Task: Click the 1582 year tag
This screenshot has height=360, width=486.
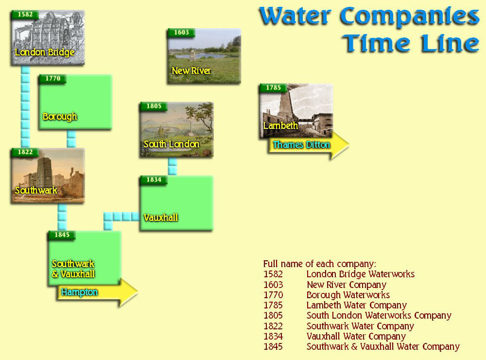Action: click(25, 15)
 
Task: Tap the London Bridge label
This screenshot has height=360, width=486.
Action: click(45, 52)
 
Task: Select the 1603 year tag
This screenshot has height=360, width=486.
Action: click(181, 33)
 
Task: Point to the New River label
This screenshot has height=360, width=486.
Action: click(191, 71)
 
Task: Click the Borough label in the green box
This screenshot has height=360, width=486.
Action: click(60, 116)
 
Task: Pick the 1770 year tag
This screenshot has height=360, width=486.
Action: click(52, 78)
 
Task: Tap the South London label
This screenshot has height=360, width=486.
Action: click(172, 144)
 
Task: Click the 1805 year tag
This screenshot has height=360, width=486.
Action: click(154, 106)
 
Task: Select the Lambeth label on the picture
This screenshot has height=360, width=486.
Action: click(280, 126)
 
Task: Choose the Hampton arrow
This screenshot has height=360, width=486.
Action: click(98, 292)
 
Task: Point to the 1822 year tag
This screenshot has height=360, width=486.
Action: click(25, 152)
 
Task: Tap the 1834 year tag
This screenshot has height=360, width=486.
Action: click(154, 180)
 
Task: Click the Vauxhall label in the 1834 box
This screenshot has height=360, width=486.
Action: click(160, 217)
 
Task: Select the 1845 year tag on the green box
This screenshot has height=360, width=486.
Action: click(62, 235)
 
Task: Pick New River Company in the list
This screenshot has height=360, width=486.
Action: click(347, 285)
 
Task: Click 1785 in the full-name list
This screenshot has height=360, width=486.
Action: click(273, 306)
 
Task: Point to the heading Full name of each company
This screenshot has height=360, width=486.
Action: click(320, 264)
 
